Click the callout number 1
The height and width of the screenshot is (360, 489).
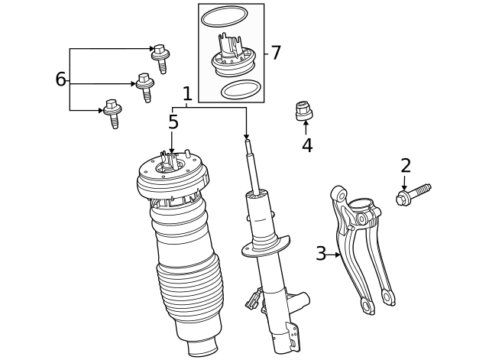tap(187, 94)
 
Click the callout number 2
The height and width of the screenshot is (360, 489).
tap(406, 165)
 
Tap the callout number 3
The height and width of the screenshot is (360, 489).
tap(320, 253)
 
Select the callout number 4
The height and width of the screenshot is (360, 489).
tap(307, 144)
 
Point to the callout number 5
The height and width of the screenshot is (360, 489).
tap(173, 122)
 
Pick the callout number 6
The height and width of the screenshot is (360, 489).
tap(60, 79)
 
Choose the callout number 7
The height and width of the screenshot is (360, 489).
tap(276, 53)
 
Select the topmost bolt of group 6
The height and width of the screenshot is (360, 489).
tap(160, 56)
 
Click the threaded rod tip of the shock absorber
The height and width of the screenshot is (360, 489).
tap(247, 142)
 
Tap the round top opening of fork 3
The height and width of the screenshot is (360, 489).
tap(364, 206)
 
